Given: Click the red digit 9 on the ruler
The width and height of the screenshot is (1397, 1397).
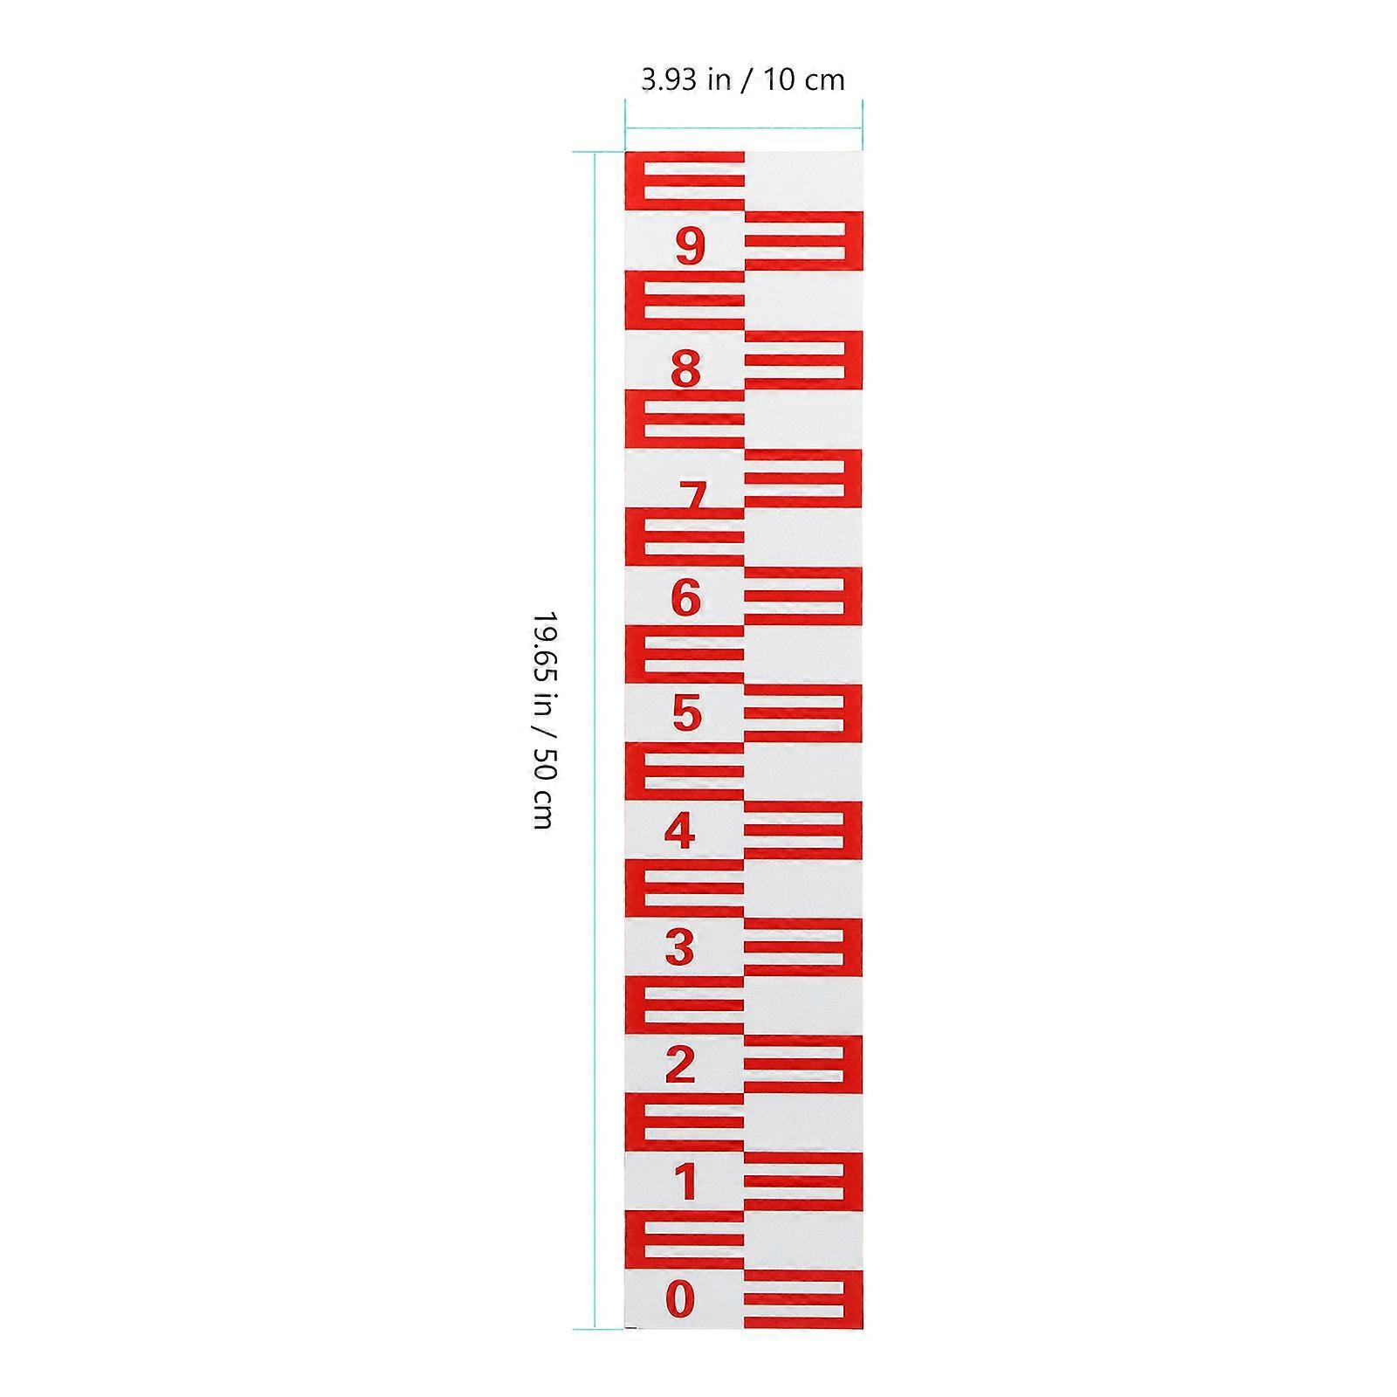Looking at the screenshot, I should tap(690, 246).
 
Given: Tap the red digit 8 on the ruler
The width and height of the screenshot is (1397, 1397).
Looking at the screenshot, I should tap(686, 368).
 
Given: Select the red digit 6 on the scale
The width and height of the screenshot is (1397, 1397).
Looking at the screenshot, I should tap(686, 598).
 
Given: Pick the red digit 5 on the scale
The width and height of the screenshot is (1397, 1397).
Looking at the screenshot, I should tap(687, 713).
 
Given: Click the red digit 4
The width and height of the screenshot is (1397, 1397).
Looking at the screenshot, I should tap(680, 830).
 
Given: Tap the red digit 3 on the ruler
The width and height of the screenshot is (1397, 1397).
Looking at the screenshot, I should tap(679, 947).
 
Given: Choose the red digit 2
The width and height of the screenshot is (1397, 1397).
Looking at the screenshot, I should tap(680, 1064).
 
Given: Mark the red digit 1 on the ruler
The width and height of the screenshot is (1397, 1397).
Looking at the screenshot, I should tap(686, 1182).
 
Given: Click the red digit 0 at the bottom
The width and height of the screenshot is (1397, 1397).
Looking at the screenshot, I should tap(680, 1298).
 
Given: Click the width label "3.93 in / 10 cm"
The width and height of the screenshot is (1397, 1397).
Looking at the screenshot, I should tap(743, 80).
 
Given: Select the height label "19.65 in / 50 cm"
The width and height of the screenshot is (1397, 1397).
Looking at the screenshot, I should tap(543, 719).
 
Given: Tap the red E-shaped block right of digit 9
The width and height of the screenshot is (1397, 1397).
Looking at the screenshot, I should tap(803, 240).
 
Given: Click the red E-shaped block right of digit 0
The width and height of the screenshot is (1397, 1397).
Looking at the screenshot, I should tap(803, 1299).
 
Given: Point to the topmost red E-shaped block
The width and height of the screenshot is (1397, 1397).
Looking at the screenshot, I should tap(685, 181).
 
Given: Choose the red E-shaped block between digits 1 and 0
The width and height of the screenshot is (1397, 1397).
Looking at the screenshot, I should tap(685, 1240).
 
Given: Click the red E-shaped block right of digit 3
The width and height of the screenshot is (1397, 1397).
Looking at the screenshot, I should tap(803, 947).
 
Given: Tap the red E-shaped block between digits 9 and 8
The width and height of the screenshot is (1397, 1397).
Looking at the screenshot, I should tap(685, 300).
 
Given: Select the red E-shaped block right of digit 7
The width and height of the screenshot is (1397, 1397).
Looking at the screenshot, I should tap(803, 478).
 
